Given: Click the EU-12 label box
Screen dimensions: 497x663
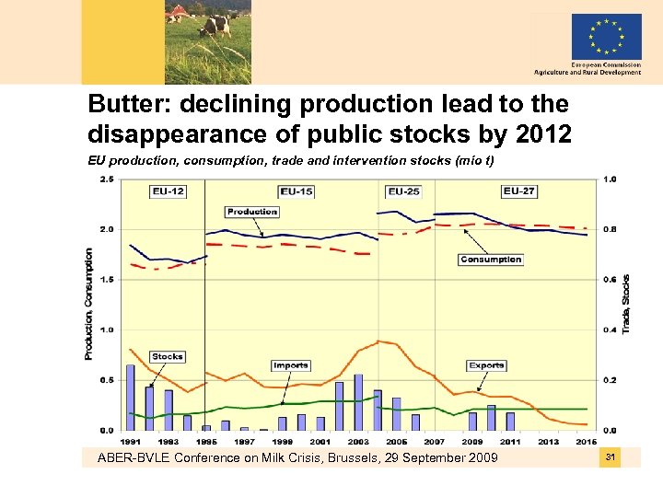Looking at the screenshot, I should click(169, 191).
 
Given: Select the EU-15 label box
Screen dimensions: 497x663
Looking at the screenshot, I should click(297, 191).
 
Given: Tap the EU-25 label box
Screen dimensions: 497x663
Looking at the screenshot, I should click(403, 191).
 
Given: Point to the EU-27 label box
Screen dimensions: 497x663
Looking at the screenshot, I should click(519, 191).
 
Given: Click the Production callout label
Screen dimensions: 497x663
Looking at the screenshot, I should click(251, 212).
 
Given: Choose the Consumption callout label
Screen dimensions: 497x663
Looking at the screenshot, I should click(491, 260).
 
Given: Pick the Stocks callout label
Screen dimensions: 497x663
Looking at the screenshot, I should click(168, 356).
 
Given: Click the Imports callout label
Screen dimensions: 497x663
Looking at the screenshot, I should click(290, 365).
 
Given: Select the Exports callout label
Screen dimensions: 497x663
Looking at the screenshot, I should click(486, 365).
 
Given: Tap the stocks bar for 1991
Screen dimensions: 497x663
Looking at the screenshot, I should click(130, 398).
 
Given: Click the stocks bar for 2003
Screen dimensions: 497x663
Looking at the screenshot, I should click(358, 402).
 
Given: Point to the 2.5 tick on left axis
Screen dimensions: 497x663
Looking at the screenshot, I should click(106, 179).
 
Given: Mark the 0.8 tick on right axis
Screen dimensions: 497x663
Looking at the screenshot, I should click(610, 229).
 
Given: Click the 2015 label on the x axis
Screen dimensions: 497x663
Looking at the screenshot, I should click(587, 441).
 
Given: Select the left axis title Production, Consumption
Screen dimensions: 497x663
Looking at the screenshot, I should click(89, 304).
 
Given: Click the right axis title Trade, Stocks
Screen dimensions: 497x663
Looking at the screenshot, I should click(626, 304).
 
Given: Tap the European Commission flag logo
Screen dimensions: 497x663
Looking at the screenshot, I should click(606, 37).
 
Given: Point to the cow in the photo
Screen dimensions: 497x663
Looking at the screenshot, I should click(216, 25).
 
